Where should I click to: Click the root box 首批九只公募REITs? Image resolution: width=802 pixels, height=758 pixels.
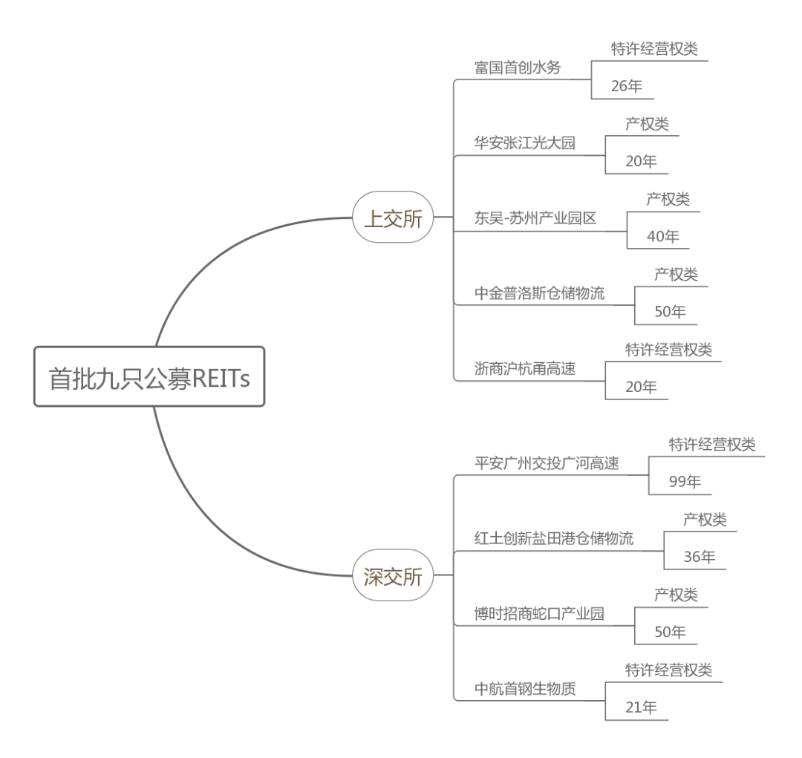pyautogui.click(x=149, y=377)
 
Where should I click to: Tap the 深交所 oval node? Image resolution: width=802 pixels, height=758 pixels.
pyautogui.click(x=392, y=575)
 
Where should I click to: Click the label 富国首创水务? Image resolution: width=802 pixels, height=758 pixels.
pyautogui.click(x=518, y=68)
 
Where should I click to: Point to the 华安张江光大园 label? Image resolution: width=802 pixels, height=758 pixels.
pyautogui.click(x=524, y=143)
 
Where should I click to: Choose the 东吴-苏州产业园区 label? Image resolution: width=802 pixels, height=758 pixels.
pyautogui.click(x=535, y=218)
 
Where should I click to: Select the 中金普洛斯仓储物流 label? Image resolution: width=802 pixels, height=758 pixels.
pyautogui.click(x=540, y=293)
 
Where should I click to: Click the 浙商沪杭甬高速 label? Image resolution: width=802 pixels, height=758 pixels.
pyautogui.click(x=524, y=368)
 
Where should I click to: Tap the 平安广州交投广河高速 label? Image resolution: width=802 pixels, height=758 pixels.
pyautogui.click(x=547, y=463)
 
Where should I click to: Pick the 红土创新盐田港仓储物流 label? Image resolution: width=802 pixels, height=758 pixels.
pyautogui.click(x=554, y=538)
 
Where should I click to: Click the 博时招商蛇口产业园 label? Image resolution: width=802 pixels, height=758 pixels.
pyautogui.click(x=540, y=613)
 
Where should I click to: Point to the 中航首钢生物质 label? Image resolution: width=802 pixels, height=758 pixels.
pyautogui.click(x=524, y=688)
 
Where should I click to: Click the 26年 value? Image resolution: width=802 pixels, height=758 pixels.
pyautogui.click(x=627, y=86)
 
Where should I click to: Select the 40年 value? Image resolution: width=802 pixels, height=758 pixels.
pyautogui.click(x=663, y=236)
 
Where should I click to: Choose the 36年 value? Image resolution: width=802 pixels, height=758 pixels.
pyautogui.click(x=700, y=557)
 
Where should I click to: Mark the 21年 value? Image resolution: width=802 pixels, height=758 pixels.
pyautogui.click(x=642, y=707)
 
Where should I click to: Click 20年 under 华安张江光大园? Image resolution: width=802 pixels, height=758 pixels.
pyautogui.click(x=642, y=161)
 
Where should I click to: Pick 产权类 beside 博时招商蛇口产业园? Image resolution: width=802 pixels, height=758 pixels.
pyautogui.click(x=676, y=595)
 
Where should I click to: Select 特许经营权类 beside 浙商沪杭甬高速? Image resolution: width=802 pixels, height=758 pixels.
pyautogui.click(x=668, y=350)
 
